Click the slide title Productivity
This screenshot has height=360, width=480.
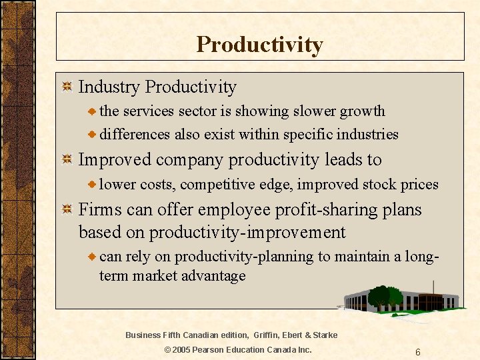tap(259, 45)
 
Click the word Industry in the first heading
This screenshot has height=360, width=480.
tap(109, 87)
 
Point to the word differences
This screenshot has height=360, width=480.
tap(135, 135)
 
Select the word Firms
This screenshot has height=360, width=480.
tap(101, 210)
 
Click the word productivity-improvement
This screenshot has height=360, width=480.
tap(247, 233)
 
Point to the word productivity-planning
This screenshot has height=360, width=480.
tap(244, 257)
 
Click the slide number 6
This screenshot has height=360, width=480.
tap(417, 352)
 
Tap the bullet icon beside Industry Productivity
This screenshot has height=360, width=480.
tap(66, 87)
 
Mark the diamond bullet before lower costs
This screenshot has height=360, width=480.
tap(93, 185)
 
